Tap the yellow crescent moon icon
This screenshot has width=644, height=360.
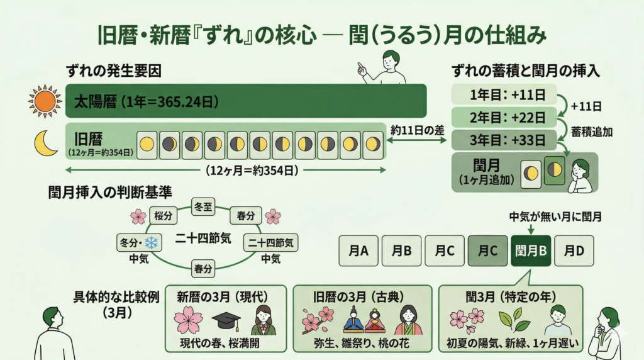(46, 143)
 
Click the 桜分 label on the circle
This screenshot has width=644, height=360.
(163, 215)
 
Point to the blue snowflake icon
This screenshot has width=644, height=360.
(152, 243)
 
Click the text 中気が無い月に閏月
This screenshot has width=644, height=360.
(551, 217)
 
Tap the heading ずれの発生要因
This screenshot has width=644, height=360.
(113, 71)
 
